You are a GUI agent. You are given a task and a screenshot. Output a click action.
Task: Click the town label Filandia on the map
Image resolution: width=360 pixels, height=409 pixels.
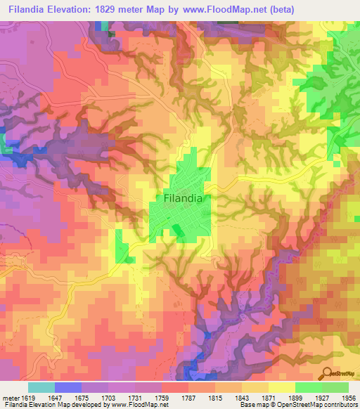pos(183,198)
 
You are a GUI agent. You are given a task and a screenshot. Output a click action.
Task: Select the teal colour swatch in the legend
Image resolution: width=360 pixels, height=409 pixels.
pos(41,387)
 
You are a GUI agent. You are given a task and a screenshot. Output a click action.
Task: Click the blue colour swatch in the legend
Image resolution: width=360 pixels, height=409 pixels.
pos(68,387)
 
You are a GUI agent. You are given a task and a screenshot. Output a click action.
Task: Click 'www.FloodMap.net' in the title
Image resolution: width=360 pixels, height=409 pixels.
pos(219,9)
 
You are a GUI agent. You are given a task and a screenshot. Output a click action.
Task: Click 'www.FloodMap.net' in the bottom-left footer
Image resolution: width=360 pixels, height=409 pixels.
pos(134,405)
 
